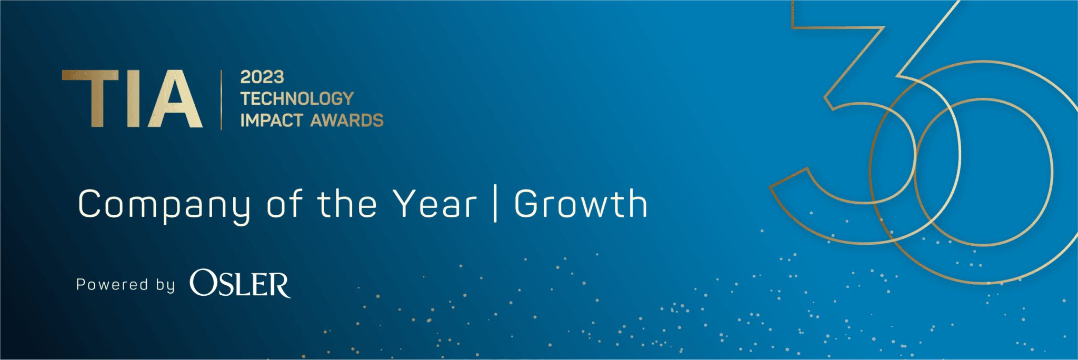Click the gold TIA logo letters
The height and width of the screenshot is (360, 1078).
(132, 99)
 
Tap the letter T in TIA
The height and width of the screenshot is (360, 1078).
(90, 99)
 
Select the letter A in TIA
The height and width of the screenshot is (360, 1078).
(175, 99)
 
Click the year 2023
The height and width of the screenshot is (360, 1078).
(262, 77)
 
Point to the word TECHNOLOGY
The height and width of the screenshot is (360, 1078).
(297, 98)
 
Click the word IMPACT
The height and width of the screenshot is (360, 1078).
(272, 121)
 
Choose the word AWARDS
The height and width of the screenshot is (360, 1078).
(347, 121)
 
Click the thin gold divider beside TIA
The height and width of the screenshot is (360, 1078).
(221, 99)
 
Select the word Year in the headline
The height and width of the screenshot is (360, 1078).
(435, 204)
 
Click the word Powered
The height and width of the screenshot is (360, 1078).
(112, 285)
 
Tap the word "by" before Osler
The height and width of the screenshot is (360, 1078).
(165, 285)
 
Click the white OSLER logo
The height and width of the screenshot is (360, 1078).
(240, 284)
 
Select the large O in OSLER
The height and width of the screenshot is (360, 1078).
(203, 283)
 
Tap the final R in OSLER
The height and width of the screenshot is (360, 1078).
(278, 285)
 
